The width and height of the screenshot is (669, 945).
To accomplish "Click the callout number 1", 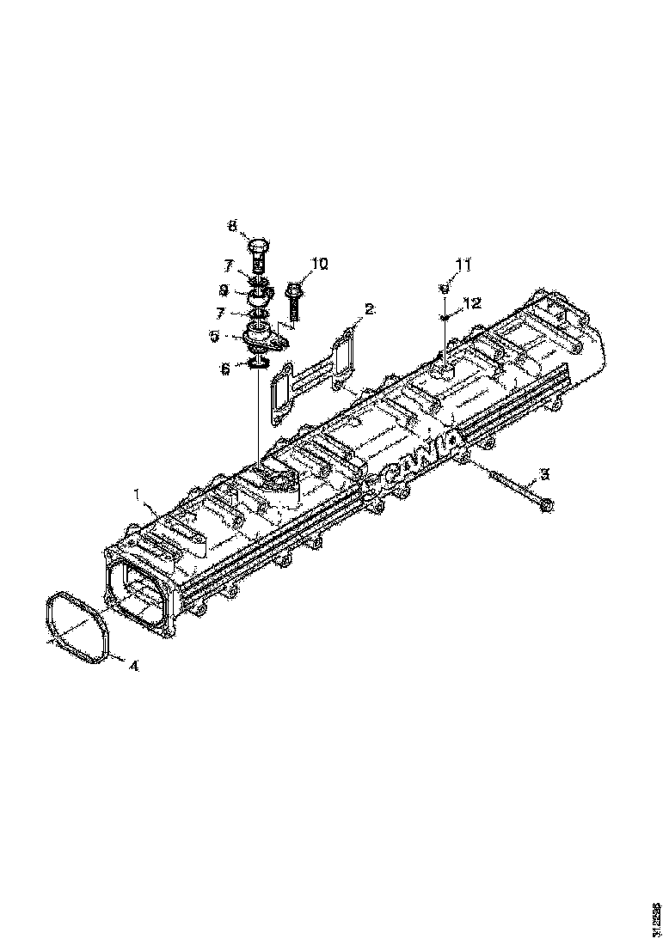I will pyautogui.click(x=136, y=494).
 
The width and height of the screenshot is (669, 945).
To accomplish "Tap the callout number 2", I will pyautogui.click(x=369, y=308).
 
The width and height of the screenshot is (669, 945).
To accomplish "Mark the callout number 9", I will pyautogui.click(x=224, y=289).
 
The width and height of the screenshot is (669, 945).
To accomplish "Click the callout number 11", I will pyautogui.click(x=464, y=265).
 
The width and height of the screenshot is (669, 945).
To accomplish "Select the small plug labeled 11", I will pyautogui.click(x=444, y=290).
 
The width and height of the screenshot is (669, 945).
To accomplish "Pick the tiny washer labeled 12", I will pyautogui.click(x=444, y=317).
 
